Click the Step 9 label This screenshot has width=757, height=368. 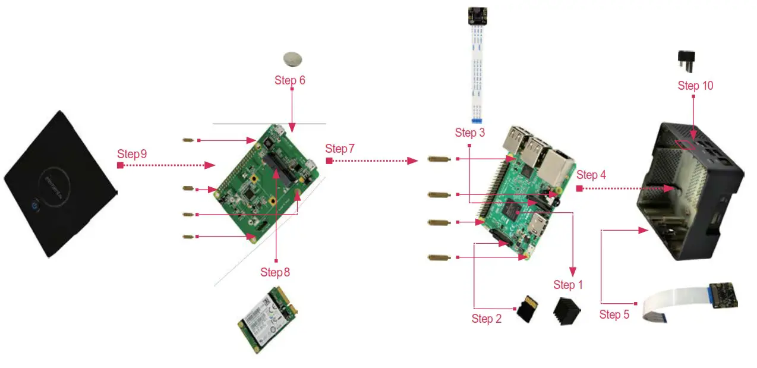pyautogui.click(x=133, y=155)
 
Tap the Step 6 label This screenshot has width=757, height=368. pyautogui.click(x=290, y=80)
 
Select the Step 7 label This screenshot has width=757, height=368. pyautogui.click(x=340, y=149)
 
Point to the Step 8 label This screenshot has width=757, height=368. pyautogui.click(x=275, y=272)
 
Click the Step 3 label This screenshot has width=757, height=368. pyautogui.click(x=470, y=133)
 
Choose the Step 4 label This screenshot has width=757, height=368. pyautogui.click(x=591, y=175)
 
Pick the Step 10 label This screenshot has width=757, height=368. pyautogui.click(x=695, y=86)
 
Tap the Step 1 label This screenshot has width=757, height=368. pyautogui.click(x=568, y=285)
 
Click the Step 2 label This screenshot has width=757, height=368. pyautogui.click(x=487, y=319)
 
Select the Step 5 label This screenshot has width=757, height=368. pyautogui.click(x=614, y=314)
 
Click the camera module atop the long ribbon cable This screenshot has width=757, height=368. pyautogui.click(x=477, y=15)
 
